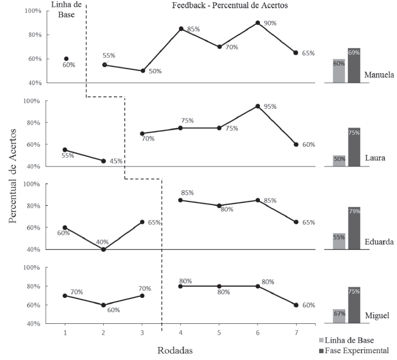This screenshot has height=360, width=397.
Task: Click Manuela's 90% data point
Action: (x=257, y=23)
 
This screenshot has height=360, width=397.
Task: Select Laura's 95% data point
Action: (x=257, y=106)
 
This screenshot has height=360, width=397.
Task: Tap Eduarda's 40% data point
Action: (x=103, y=249)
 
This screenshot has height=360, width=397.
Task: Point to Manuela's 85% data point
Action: (x=181, y=29)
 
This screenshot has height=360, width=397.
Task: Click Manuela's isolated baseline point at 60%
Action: (x=65, y=59)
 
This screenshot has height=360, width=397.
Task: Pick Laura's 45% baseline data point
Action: (x=103, y=161)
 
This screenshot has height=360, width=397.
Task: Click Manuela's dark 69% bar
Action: (x=354, y=65)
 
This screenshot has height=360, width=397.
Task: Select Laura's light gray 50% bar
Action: (x=339, y=161)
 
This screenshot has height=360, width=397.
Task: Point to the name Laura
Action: (x=374, y=158)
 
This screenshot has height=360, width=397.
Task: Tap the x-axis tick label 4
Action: (x=180, y=332)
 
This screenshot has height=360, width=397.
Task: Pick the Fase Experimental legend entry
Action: (x=356, y=350)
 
